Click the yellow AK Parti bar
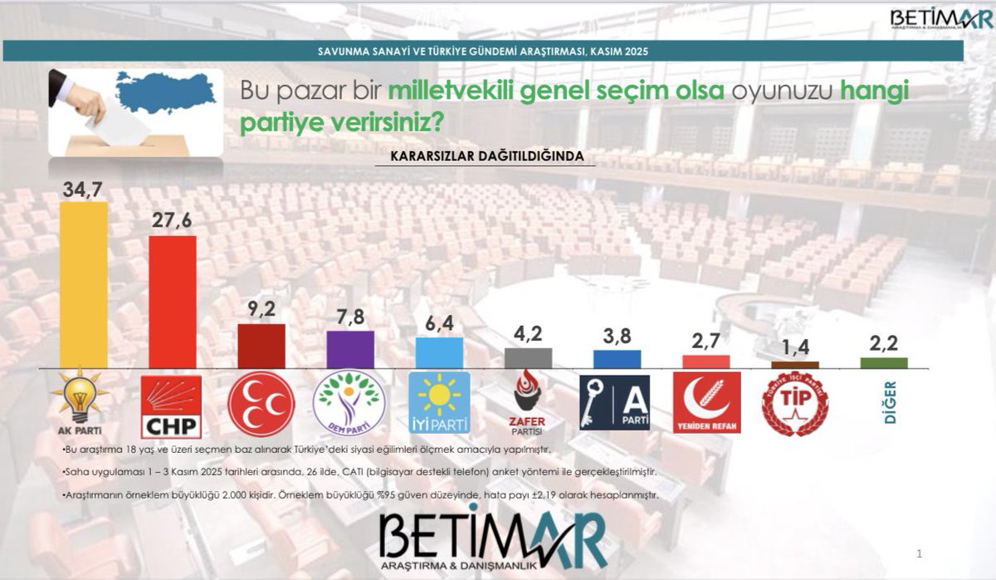coord(84,284)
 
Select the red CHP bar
coord(173,302)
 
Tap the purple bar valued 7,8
coord(350,349)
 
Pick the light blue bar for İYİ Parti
coord(439,352)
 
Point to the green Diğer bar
coord(884,362)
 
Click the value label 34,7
coord(82,189)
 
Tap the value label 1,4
coord(794,349)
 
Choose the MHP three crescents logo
coord(261,404)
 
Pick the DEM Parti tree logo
coord(349,402)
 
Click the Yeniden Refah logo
coord(705,402)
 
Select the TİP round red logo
coord(794,404)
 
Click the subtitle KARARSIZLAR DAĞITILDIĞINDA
coord(486,155)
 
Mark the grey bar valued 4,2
coord(528,357)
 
